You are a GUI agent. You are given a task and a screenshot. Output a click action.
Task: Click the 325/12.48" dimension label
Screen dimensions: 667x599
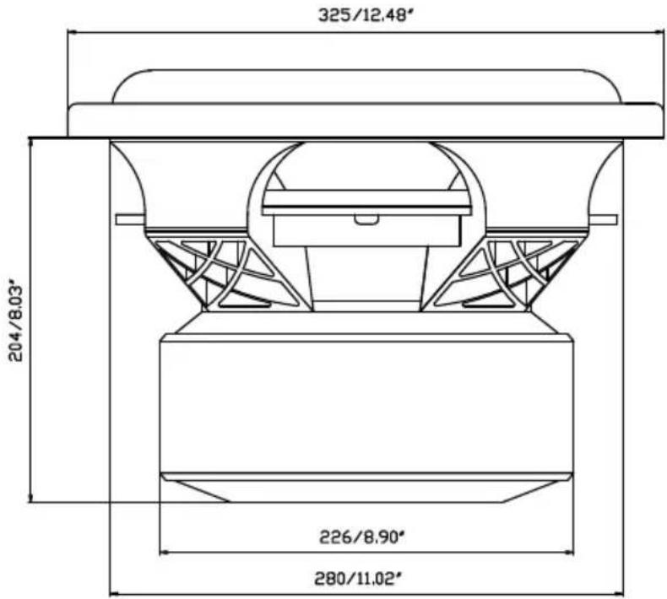tap(366, 16)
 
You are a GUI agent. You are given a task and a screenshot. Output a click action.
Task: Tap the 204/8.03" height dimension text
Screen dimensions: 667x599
tap(16, 321)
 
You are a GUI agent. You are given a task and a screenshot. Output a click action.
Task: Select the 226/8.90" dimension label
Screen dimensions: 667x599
tap(361, 537)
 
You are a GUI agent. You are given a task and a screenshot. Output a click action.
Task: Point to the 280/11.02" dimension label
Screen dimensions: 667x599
tap(358, 579)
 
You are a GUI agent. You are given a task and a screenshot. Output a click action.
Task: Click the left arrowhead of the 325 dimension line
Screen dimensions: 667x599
tap(72, 32)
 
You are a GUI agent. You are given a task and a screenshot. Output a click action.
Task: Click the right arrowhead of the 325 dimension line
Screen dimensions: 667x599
tap(659, 32)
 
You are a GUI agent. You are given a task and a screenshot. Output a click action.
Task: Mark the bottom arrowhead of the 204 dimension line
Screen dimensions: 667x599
tap(30, 498)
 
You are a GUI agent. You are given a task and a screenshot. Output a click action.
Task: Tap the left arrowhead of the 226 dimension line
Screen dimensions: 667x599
tap(164, 553)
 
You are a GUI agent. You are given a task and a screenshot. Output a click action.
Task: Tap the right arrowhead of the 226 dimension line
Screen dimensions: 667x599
tap(569, 553)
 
